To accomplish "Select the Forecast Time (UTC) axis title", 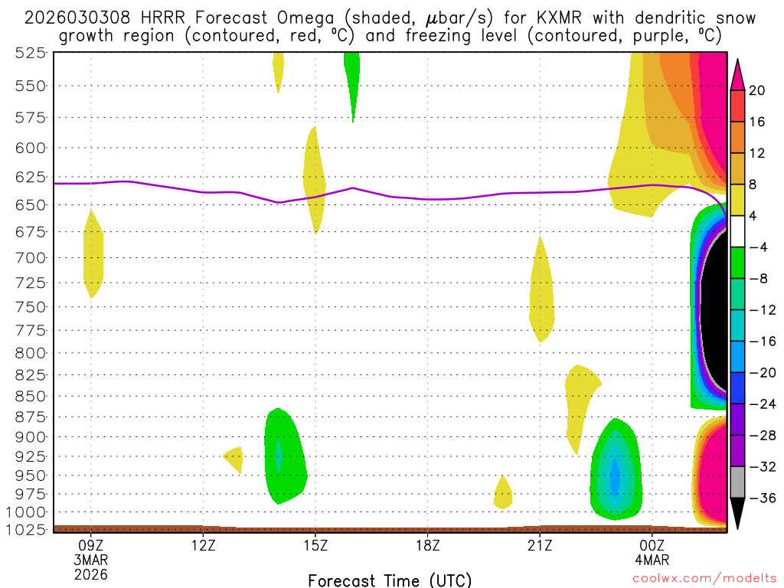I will (x=390, y=580).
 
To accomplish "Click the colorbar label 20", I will (x=756, y=90).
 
